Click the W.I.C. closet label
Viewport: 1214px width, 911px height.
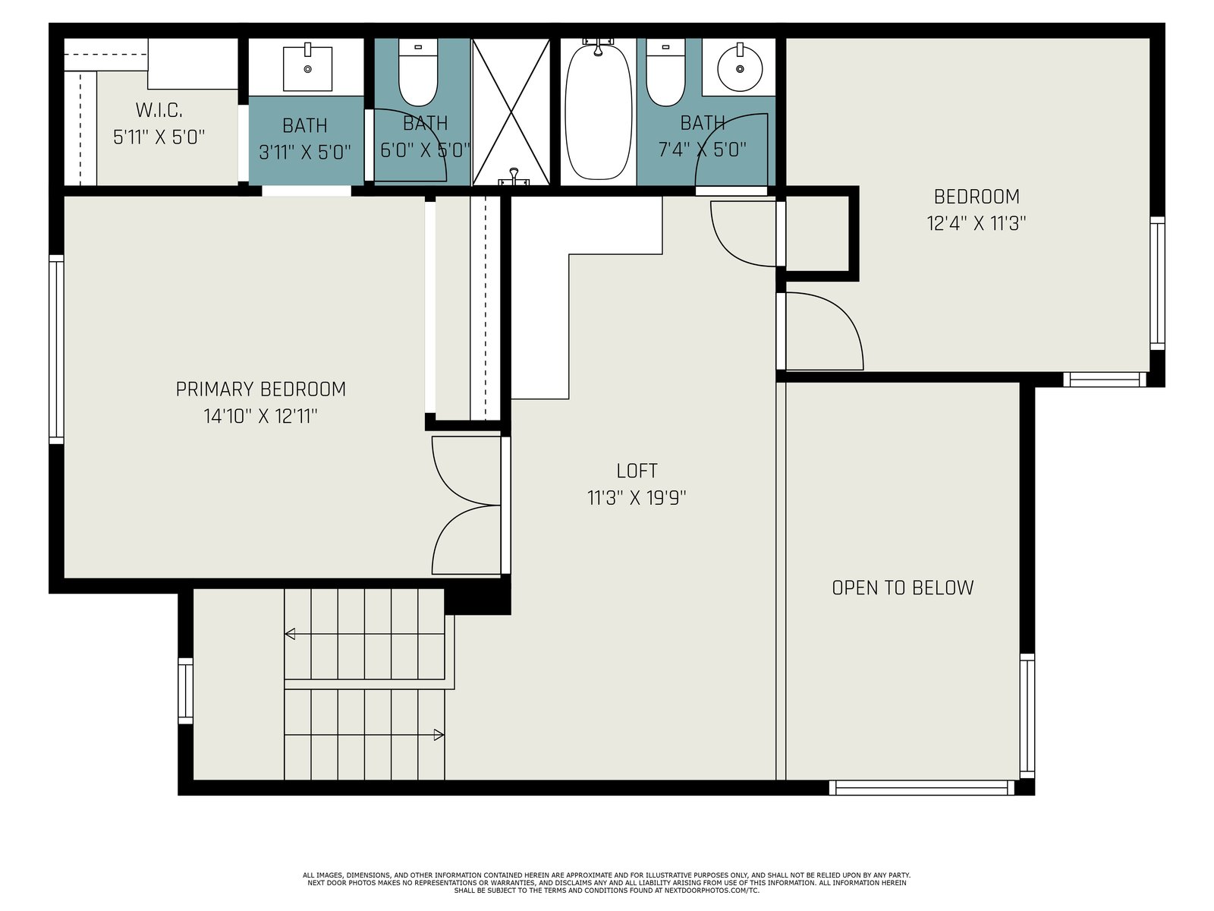click(159, 110)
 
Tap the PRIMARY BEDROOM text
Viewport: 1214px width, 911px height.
click(260, 389)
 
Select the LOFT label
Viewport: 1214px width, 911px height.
click(637, 471)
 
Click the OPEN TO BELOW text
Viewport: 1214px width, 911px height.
click(903, 588)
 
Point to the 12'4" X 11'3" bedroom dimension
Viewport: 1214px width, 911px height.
click(977, 223)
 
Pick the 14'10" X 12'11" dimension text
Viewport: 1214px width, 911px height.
click(260, 416)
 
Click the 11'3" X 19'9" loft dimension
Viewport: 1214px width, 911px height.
click(637, 498)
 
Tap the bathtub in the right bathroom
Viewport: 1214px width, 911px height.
click(598, 111)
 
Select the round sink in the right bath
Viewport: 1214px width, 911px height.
click(740, 68)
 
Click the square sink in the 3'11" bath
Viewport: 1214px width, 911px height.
click(307, 68)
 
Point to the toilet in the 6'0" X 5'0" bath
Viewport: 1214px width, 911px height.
click(418, 72)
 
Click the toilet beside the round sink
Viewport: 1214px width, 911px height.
click(666, 72)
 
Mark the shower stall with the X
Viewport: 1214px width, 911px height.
click(511, 112)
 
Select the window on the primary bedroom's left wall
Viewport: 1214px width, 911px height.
click(56, 349)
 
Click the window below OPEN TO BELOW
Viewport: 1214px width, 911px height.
click(921, 788)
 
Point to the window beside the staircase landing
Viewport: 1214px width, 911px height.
click(185, 691)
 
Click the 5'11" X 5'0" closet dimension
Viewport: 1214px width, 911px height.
click(159, 137)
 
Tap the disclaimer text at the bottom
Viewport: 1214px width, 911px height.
click(607, 883)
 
